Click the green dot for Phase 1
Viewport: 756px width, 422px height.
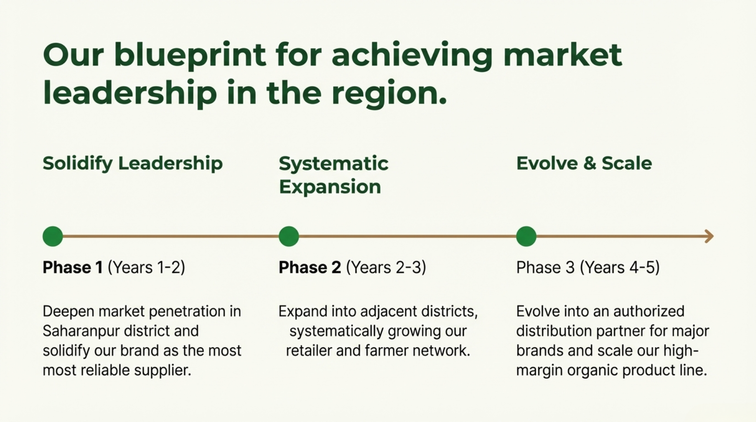coord(53,237)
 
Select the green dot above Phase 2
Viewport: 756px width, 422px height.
coord(289,237)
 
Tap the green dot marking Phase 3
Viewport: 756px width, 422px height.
coord(526,237)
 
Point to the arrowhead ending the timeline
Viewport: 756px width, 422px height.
coord(709,237)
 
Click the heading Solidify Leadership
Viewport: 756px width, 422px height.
coord(133,164)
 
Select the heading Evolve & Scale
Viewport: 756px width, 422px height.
coord(584,163)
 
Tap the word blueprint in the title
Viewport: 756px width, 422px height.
coord(190,56)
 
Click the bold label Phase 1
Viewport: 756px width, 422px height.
coord(73,267)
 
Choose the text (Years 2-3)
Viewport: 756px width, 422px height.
coord(386,267)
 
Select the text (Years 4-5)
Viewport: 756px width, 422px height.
coord(620,267)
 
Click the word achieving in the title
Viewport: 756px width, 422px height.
coord(412,56)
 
